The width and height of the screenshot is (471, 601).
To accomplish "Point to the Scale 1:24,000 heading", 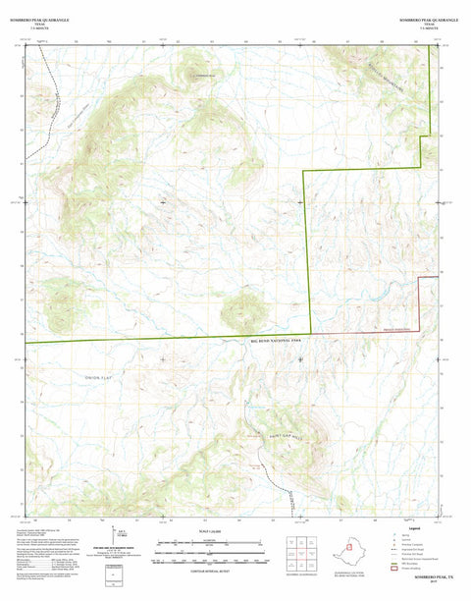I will tap(205, 531).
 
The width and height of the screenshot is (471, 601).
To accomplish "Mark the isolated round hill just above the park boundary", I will tap(240, 311).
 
